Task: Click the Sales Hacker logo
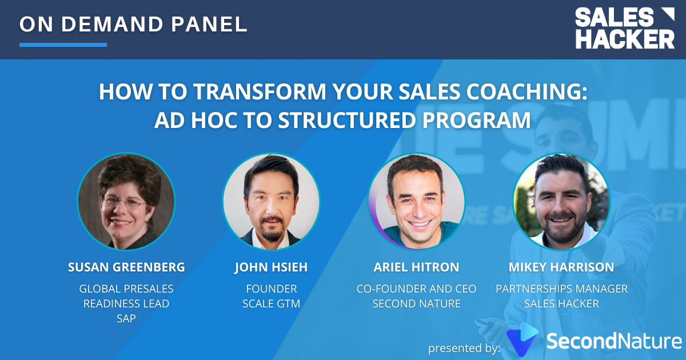pyautogui.click(x=624, y=28)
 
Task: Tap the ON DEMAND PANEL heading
pyautogui.click(x=133, y=23)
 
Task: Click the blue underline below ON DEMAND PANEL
pyautogui.click(x=63, y=45)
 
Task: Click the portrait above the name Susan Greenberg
pyautogui.click(x=126, y=201)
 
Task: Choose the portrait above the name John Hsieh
pyautogui.click(x=271, y=201)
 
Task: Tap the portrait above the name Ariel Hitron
pyautogui.click(x=416, y=201)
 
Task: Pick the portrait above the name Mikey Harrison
pyautogui.click(x=561, y=201)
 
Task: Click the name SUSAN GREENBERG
pyautogui.click(x=126, y=267)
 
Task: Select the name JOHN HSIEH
pyautogui.click(x=271, y=267)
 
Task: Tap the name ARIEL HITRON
pyautogui.click(x=416, y=267)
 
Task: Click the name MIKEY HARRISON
pyautogui.click(x=561, y=267)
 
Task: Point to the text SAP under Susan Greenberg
pyautogui.click(x=126, y=318)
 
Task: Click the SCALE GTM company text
pyautogui.click(x=271, y=303)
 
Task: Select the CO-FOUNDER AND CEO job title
pyautogui.click(x=416, y=289)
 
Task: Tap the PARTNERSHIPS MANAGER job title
pyautogui.click(x=561, y=289)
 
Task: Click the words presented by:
pyautogui.click(x=464, y=347)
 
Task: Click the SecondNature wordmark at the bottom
pyautogui.click(x=614, y=341)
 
